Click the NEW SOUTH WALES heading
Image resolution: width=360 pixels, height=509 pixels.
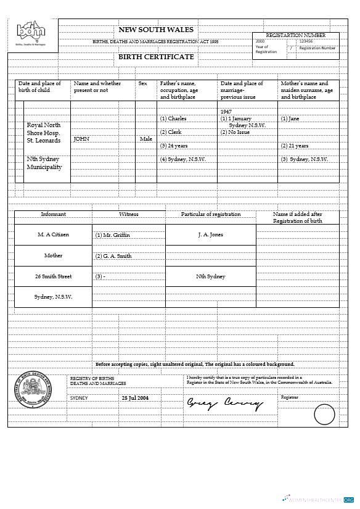click(x=155, y=30)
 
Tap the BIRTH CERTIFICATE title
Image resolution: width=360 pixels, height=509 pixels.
click(x=156, y=57)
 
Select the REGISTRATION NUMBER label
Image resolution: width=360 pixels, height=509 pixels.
click(x=295, y=35)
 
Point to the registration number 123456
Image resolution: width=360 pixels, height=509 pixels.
click(x=306, y=41)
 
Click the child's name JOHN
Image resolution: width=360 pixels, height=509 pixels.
click(x=81, y=139)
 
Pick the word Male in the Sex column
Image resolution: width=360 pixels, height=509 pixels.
click(x=146, y=139)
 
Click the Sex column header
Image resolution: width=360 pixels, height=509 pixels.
click(x=142, y=83)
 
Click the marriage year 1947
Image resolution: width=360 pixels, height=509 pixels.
click(x=226, y=112)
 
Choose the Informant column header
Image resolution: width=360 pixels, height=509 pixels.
click(x=53, y=214)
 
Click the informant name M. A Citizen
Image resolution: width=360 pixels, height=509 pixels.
click(x=53, y=234)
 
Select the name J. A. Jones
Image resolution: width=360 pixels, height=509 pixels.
click(x=210, y=234)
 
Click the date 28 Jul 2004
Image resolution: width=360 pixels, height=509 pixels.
click(x=135, y=398)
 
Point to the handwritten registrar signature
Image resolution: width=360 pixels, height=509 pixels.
click(x=224, y=404)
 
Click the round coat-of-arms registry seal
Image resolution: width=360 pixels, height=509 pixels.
click(x=34, y=390)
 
